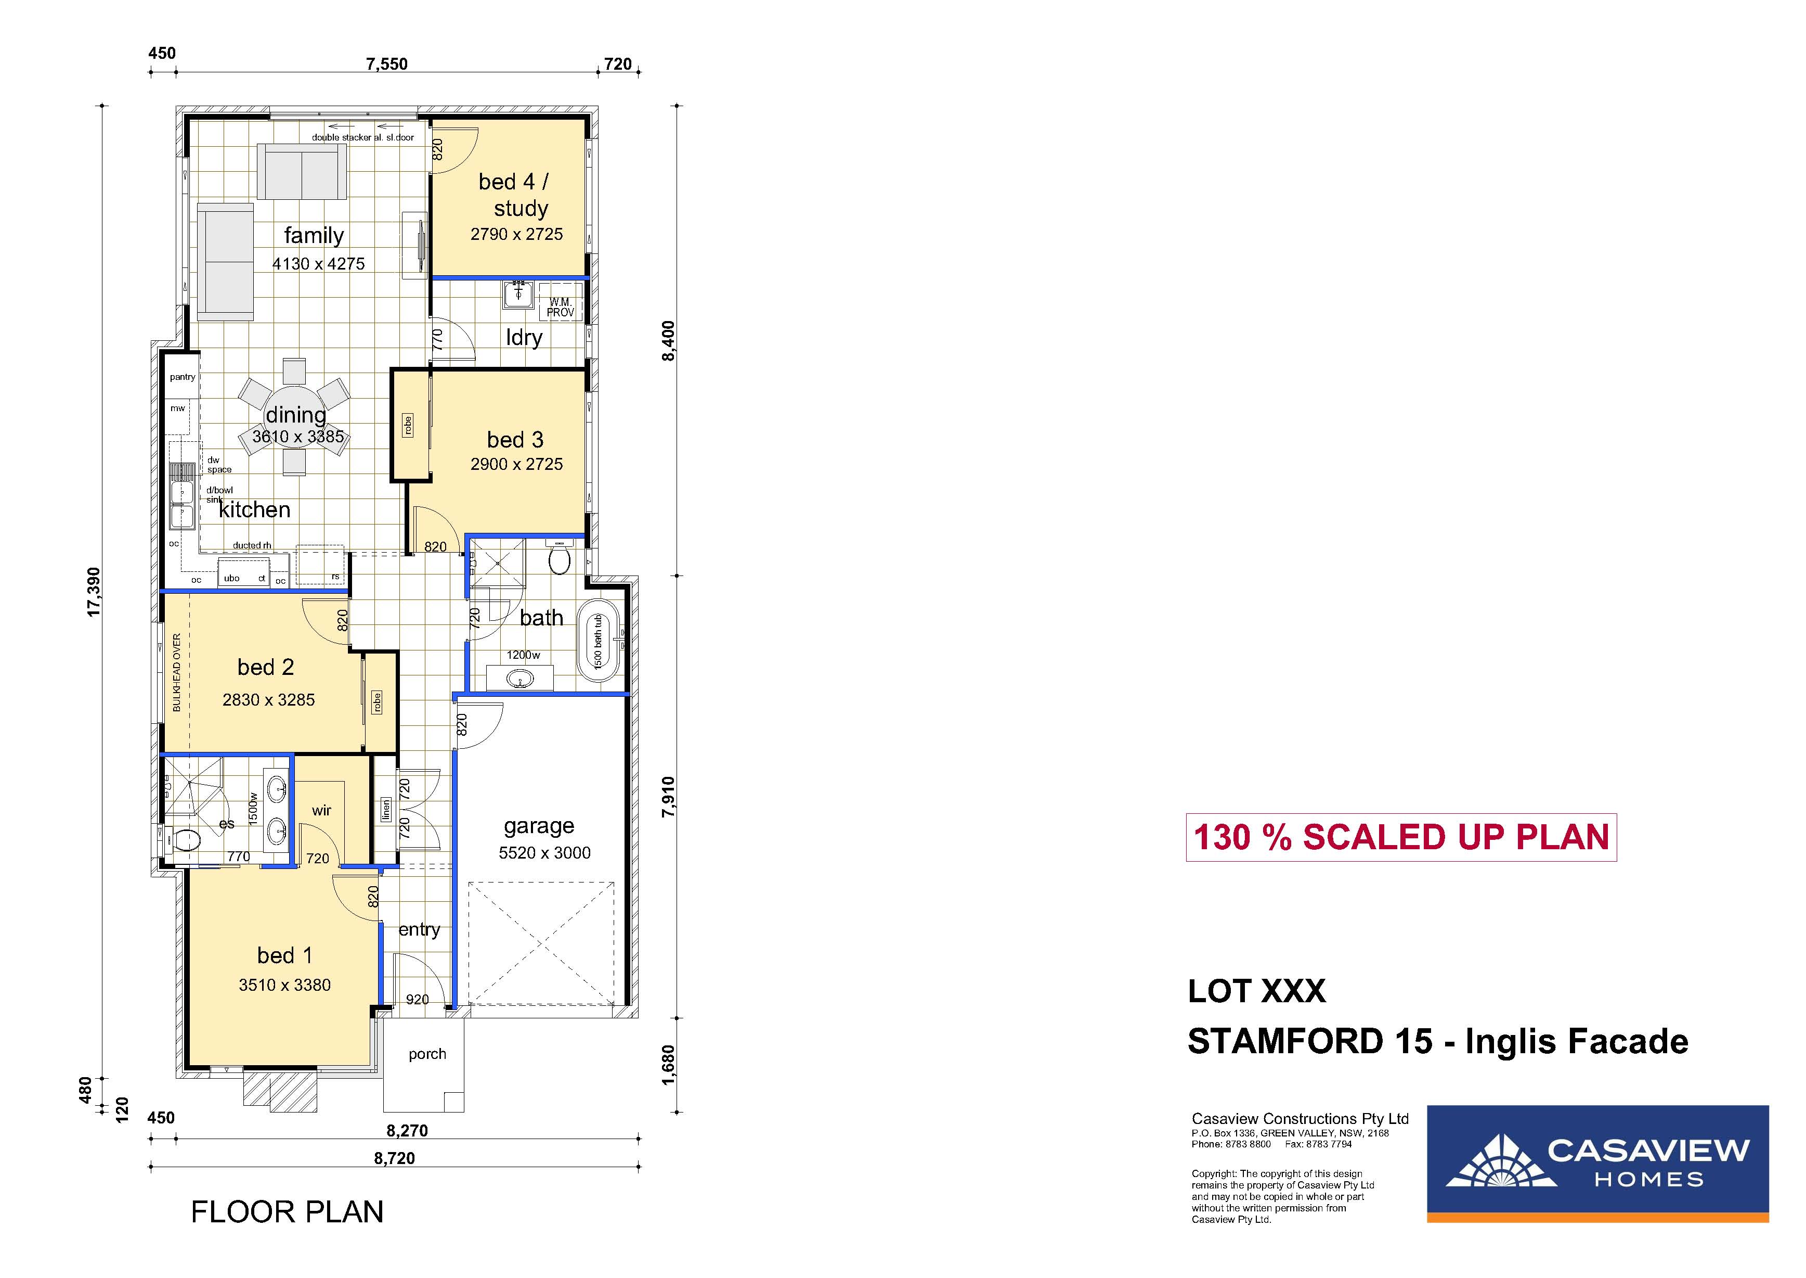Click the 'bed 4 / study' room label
(515, 195)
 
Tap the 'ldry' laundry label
(524, 338)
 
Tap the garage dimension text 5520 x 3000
(544, 853)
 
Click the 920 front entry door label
(417, 1000)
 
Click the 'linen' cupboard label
(385, 810)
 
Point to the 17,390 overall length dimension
(94, 592)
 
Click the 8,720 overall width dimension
(394, 1158)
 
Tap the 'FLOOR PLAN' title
(287, 1212)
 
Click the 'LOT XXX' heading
(1257, 992)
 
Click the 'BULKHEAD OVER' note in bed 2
(176, 672)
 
